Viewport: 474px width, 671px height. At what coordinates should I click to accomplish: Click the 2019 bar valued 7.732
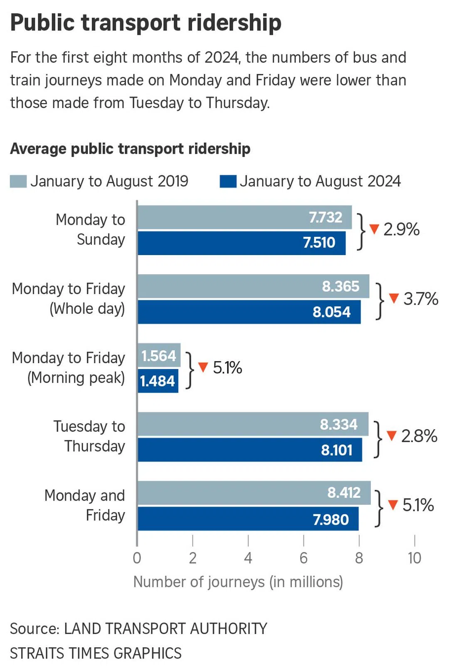tap(244, 217)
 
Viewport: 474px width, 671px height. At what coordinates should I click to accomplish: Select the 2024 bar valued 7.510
tap(241, 243)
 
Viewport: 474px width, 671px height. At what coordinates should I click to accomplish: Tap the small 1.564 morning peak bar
tap(159, 355)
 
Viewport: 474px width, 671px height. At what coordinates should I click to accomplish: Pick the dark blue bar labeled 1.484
tap(158, 381)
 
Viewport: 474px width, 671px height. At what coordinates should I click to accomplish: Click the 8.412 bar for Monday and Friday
tap(254, 493)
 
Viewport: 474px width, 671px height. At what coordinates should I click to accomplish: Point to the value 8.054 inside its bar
tap(331, 312)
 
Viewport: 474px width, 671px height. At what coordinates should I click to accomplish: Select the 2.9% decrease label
tap(401, 229)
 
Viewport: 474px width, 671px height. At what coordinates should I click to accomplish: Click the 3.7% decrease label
tap(420, 299)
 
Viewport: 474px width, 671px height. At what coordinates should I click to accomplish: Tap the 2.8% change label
tap(419, 436)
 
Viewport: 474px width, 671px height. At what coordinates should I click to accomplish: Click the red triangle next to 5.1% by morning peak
tap(203, 367)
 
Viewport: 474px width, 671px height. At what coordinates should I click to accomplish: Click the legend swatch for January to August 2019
tap(18, 182)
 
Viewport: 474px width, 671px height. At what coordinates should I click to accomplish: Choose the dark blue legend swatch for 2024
tap(228, 182)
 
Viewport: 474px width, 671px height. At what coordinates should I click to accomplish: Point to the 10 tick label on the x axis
tap(414, 558)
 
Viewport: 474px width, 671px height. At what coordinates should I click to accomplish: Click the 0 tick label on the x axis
tap(137, 558)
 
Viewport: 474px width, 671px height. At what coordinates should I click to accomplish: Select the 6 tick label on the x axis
tap(304, 558)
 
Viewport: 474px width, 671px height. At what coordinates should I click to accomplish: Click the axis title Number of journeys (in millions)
tap(238, 582)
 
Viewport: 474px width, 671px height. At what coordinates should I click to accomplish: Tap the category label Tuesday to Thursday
tap(89, 436)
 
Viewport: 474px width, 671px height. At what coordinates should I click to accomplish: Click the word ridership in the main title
tap(235, 22)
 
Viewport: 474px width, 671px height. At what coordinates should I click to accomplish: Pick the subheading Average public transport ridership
tap(130, 149)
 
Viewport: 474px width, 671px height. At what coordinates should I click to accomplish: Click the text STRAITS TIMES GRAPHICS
tap(96, 653)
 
